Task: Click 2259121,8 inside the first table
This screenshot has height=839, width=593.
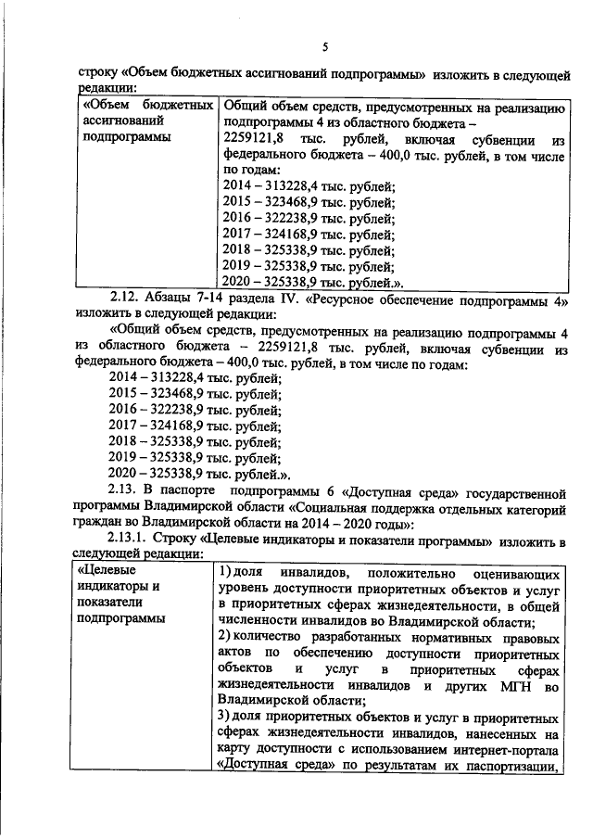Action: (250, 138)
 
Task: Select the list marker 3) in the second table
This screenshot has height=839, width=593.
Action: (226, 718)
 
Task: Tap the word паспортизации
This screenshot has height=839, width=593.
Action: (506, 768)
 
